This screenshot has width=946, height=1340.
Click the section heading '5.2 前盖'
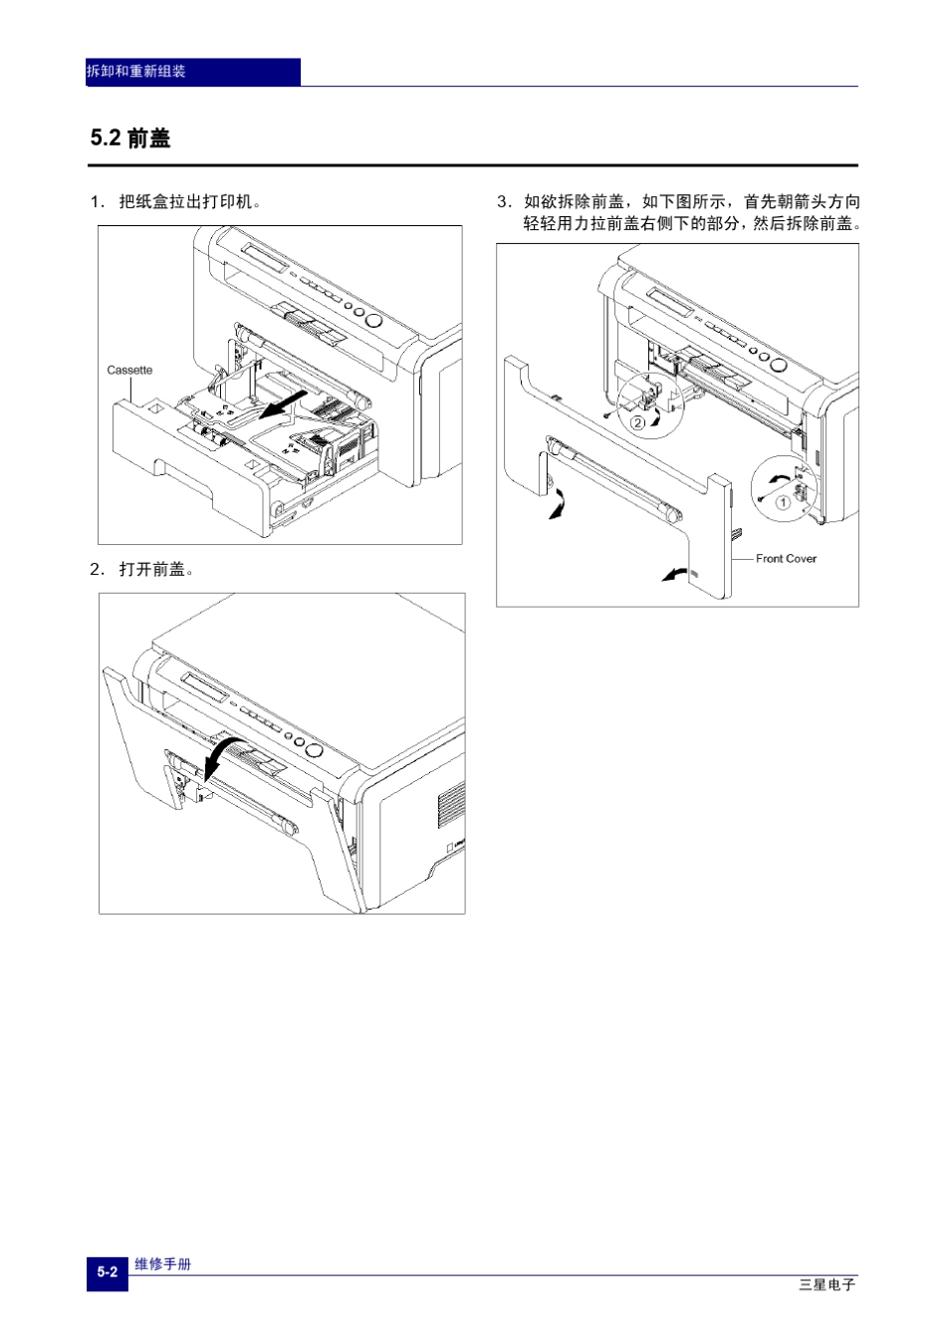(130, 138)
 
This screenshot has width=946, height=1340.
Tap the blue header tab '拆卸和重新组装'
(136, 72)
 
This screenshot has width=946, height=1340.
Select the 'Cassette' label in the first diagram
(129, 370)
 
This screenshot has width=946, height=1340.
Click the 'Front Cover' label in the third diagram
(786, 558)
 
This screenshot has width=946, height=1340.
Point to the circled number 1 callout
(783, 502)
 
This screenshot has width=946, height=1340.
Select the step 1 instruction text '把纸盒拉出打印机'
(189, 202)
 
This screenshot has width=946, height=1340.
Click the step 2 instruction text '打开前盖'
(155, 569)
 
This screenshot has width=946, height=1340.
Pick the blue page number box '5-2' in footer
(107, 1272)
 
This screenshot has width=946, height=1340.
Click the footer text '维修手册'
(162, 1263)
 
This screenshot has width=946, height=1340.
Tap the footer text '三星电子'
(827, 1284)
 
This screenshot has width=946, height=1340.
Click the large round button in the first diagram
(374, 320)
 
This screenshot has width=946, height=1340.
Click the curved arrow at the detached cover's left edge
(558, 503)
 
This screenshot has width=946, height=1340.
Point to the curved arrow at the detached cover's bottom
(674, 574)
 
